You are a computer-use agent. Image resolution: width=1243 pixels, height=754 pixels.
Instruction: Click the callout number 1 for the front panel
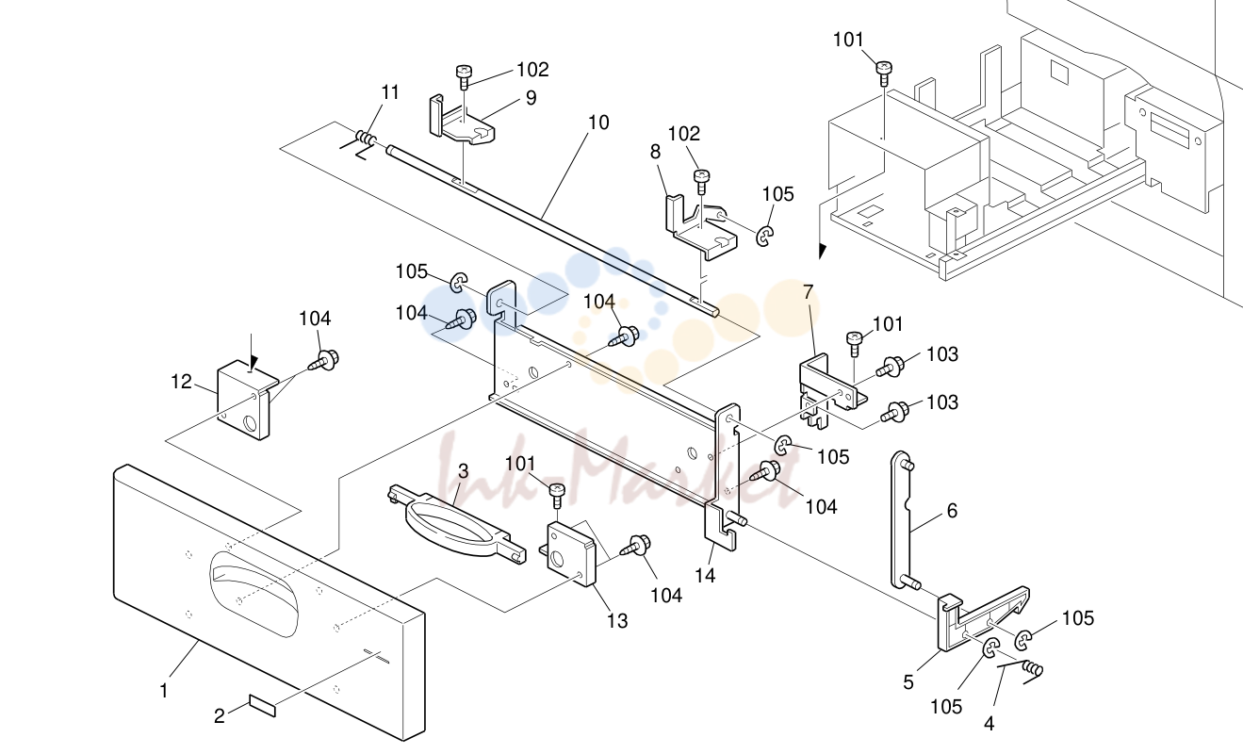164,691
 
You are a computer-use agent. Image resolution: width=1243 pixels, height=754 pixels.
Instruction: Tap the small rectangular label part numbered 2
263,705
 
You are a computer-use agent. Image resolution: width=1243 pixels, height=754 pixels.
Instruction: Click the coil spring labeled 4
1032,670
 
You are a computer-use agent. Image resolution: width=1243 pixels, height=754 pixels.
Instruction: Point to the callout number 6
952,511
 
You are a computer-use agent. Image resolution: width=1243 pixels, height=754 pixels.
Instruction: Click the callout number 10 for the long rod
598,123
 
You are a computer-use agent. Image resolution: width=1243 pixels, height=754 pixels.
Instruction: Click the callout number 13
617,621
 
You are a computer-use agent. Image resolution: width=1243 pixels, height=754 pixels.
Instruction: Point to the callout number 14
705,575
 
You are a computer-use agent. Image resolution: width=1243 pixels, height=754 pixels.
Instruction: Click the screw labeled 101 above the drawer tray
883,73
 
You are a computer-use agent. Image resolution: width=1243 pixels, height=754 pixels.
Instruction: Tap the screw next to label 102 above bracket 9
464,76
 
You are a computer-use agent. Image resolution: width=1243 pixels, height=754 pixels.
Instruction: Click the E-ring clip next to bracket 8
765,236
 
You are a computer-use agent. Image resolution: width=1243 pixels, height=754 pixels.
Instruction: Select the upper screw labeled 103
890,368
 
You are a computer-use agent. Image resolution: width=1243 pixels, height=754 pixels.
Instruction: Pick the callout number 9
532,98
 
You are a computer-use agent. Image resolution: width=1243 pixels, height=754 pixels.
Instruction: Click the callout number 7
809,292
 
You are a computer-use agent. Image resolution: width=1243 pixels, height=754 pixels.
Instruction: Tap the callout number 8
655,152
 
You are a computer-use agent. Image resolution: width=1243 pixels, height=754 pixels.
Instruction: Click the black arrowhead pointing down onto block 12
254,365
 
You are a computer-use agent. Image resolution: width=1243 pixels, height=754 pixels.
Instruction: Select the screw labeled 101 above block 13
557,495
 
